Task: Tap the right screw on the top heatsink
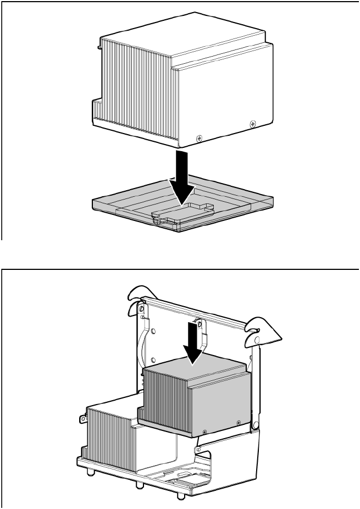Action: click(x=252, y=123)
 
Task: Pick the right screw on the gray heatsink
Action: click(x=238, y=422)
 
